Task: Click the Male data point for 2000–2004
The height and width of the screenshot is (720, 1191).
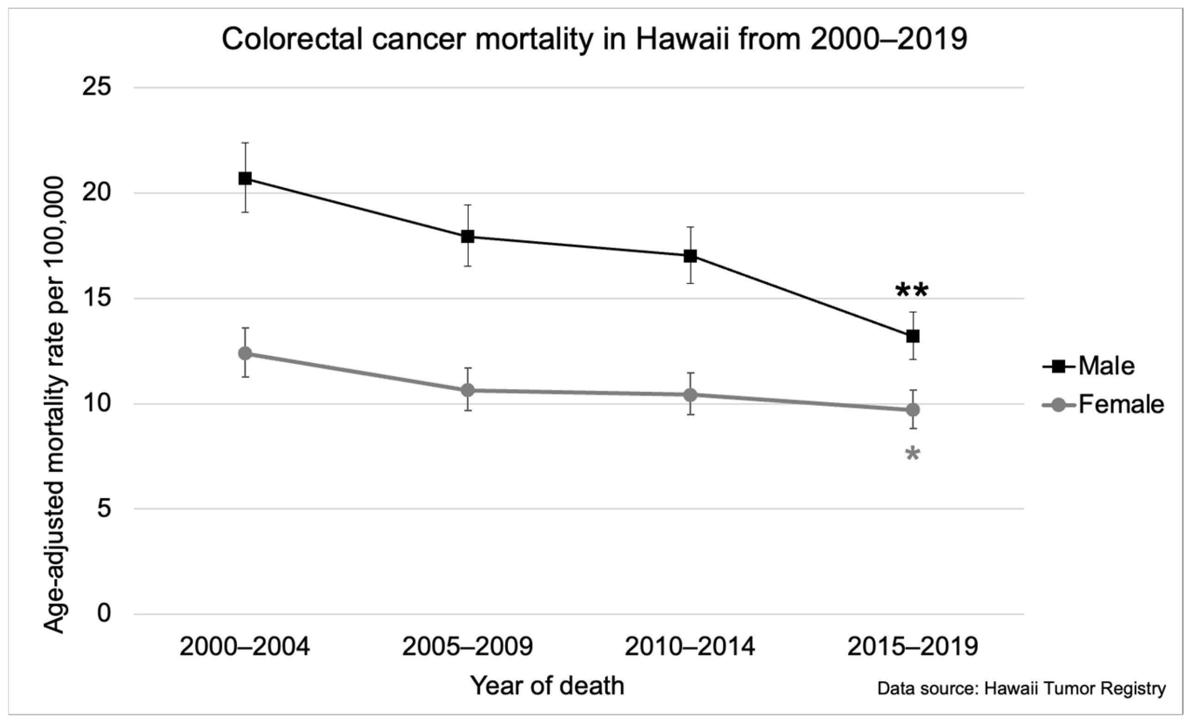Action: (x=245, y=178)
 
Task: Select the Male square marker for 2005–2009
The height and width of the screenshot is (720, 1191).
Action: (x=467, y=236)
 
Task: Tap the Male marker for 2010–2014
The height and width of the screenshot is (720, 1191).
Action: (x=690, y=256)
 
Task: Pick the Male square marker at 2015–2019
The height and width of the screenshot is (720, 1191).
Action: (x=913, y=336)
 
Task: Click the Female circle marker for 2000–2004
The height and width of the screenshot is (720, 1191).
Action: (x=245, y=353)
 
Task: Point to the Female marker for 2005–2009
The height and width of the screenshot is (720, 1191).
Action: (x=467, y=390)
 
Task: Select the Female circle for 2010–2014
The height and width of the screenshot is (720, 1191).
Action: (x=690, y=394)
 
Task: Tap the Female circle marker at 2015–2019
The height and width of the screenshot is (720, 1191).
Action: (x=913, y=410)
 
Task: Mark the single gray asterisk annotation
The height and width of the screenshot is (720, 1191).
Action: (x=912, y=455)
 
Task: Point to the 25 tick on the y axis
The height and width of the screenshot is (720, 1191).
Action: (x=97, y=88)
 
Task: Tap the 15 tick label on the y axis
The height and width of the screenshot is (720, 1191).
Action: (x=97, y=298)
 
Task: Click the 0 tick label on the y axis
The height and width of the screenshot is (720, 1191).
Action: (x=103, y=614)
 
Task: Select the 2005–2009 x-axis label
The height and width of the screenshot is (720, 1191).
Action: (x=467, y=646)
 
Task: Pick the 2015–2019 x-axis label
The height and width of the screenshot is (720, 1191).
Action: (x=913, y=646)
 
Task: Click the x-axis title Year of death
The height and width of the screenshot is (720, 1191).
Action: (x=547, y=685)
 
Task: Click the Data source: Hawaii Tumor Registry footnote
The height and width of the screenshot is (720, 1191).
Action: (x=1022, y=688)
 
